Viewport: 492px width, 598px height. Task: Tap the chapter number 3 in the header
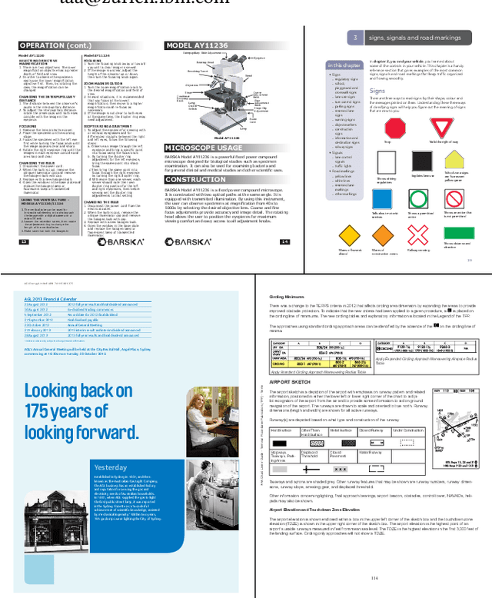pyautogui.click(x=355, y=37)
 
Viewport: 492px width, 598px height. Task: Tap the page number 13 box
pyautogui.click(x=24, y=241)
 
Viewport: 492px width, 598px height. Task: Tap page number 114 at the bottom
pyautogui.click(x=374, y=579)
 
